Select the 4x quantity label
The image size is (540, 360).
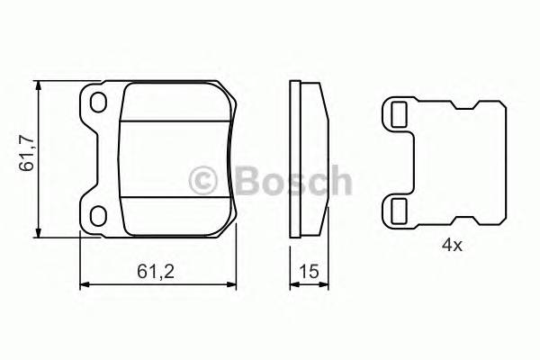pos(451,245)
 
